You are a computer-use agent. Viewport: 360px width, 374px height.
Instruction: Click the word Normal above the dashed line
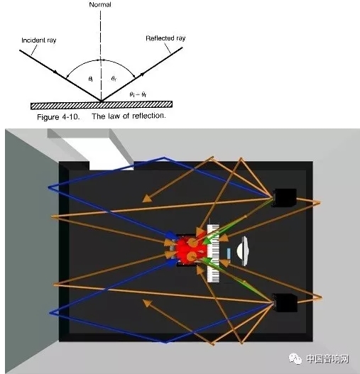[x=100, y=4]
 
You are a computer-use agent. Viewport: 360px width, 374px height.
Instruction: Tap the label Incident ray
[x=39, y=40]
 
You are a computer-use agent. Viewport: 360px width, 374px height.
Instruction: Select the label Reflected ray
[x=165, y=38]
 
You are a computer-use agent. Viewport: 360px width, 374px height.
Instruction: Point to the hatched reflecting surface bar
[x=102, y=105]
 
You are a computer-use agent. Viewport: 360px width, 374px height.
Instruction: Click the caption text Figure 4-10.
[x=58, y=117]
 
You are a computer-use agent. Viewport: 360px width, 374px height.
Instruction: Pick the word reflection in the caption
[x=148, y=116]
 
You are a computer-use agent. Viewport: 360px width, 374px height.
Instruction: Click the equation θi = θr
[x=138, y=94]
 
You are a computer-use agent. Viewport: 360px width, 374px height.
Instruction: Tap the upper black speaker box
[x=285, y=198]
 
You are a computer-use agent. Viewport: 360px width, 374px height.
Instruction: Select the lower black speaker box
[x=285, y=303]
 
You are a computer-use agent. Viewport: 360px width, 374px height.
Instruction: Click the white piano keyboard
[x=213, y=253]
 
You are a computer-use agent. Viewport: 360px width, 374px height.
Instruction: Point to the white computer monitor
[x=243, y=251]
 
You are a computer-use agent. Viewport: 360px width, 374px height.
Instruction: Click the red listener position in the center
[x=189, y=250]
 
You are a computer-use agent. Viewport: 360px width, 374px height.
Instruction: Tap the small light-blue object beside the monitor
[x=229, y=253]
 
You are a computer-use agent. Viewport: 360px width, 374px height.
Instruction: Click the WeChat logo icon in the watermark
[x=295, y=358]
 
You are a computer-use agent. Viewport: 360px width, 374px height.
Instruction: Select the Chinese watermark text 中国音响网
[x=327, y=358]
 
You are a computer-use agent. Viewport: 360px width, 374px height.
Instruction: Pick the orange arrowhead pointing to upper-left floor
[x=147, y=199]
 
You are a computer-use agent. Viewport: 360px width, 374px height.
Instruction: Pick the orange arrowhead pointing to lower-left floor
[x=147, y=303]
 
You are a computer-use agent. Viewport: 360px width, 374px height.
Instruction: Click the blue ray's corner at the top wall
[x=164, y=157]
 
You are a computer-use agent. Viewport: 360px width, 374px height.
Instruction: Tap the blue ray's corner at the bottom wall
[x=165, y=343]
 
